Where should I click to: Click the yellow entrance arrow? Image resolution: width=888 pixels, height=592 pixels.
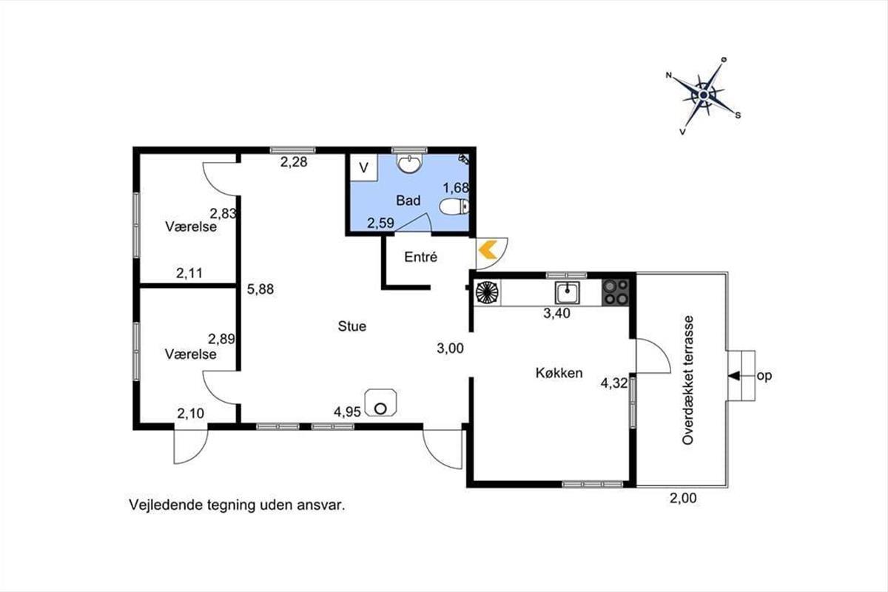(488, 249)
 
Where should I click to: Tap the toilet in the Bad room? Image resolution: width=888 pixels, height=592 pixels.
(454, 206)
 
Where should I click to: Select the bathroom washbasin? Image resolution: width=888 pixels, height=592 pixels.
(409, 164)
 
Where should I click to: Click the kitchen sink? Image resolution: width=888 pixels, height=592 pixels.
(568, 292)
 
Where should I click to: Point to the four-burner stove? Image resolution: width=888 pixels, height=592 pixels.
(615, 292)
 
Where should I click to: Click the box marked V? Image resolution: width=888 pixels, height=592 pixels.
(363, 167)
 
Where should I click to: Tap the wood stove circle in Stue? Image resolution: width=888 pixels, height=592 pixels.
(380, 408)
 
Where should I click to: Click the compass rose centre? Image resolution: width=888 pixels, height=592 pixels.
(704, 95)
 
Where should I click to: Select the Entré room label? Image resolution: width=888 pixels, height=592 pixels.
(420, 257)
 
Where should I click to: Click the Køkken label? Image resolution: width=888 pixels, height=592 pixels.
(559, 373)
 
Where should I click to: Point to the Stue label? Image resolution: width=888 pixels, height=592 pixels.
(352, 326)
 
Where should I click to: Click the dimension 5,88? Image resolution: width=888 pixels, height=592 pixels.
(260, 289)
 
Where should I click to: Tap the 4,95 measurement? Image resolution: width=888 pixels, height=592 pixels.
(347, 412)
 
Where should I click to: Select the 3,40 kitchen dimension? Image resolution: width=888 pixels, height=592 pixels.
(556, 313)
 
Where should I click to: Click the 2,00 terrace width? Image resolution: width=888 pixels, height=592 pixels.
(683, 498)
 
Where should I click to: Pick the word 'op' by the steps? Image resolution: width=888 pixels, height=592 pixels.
(764, 377)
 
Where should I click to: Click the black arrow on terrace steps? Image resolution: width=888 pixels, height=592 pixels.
(734, 376)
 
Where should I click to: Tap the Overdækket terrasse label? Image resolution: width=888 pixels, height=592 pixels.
(688, 380)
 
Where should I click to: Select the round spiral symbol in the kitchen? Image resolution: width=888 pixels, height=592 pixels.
(487, 292)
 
